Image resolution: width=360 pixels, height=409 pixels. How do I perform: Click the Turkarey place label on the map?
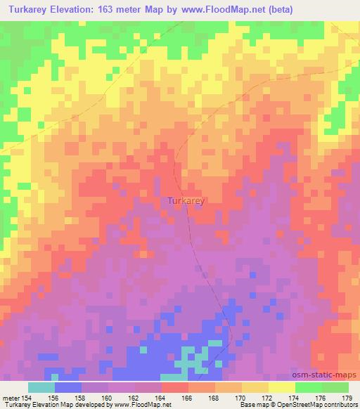click(186, 201)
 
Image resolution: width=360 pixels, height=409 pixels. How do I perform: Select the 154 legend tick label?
click(28, 398)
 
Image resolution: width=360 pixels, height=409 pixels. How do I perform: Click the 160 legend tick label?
click(108, 398)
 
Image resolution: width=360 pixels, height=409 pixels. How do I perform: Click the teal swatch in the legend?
click(41, 387)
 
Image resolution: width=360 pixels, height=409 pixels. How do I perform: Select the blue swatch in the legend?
click(68, 387)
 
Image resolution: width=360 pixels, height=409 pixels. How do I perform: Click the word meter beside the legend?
click(11, 398)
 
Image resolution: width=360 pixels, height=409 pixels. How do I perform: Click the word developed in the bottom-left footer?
click(91, 405)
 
